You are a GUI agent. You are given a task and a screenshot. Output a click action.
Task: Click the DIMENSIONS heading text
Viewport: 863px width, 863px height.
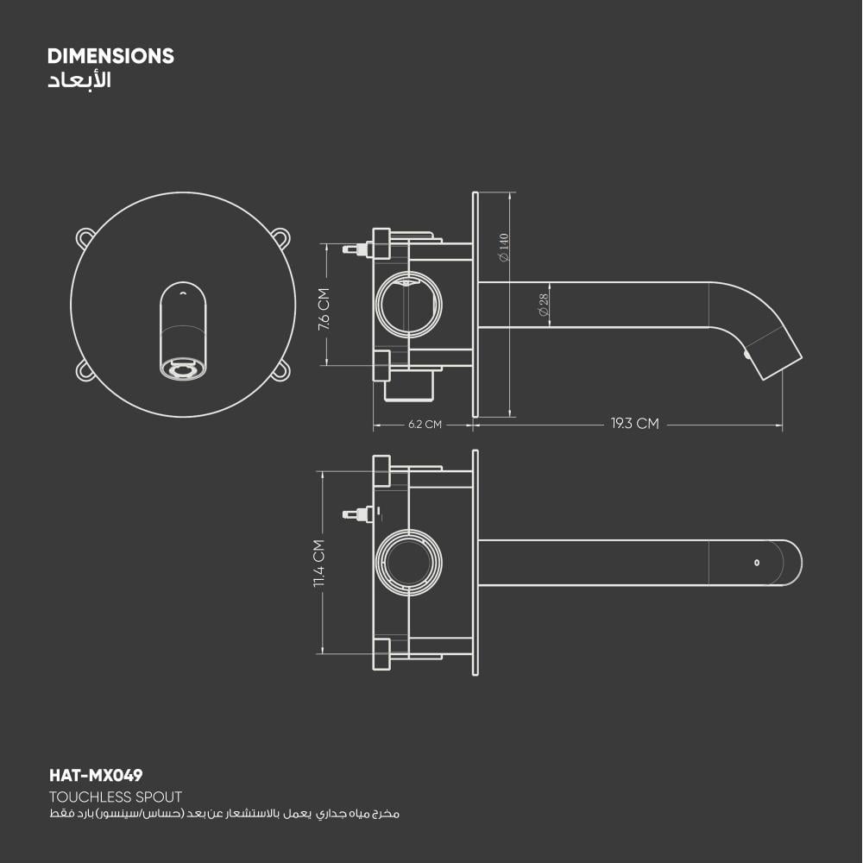click(110, 57)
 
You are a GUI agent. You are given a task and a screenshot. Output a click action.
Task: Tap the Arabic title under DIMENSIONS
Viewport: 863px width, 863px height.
click(79, 82)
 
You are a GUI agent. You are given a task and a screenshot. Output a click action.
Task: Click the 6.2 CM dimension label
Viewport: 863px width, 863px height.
click(425, 425)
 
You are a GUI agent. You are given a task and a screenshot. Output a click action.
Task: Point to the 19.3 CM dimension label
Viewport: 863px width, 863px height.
click(634, 424)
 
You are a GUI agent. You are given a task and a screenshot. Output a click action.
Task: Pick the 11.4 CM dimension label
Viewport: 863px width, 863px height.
click(318, 564)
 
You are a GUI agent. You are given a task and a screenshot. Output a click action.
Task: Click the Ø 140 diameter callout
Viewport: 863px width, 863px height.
click(504, 247)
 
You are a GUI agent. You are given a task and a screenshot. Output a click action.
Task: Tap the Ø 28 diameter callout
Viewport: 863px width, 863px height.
click(544, 305)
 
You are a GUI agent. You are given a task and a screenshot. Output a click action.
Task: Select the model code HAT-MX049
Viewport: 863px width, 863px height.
click(96, 776)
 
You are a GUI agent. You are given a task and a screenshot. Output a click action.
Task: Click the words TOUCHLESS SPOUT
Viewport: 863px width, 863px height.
click(116, 797)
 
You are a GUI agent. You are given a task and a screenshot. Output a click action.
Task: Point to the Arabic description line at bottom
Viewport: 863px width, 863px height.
click(224, 814)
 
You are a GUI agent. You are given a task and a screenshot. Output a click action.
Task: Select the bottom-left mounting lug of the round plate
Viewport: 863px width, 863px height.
click(85, 370)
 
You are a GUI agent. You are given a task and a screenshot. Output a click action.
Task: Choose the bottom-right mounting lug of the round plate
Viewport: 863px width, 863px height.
click(280, 370)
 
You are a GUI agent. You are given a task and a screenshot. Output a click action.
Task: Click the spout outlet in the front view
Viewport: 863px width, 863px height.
click(183, 369)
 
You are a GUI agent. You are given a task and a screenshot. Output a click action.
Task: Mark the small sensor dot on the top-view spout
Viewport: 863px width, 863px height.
click(756, 563)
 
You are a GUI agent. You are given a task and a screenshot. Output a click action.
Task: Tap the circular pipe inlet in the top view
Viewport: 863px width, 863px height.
click(410, 563)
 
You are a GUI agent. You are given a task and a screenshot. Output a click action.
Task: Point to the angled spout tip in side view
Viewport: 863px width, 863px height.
click(775, 355)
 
